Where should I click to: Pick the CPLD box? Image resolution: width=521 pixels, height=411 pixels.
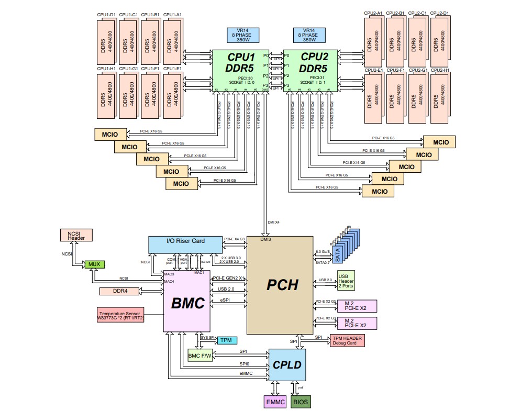point(287,365)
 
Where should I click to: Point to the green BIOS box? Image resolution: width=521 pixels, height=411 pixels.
point(301,402)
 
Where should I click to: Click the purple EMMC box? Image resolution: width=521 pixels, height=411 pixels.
point(274,402)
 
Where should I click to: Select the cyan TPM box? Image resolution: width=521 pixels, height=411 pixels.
point(226,340)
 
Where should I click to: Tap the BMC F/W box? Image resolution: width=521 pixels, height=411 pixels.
point(199,357)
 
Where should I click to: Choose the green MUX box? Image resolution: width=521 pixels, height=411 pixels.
point(94,264)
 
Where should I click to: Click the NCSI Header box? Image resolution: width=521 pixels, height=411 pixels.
point(76,235)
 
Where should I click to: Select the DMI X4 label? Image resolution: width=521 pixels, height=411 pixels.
point(274,223)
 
